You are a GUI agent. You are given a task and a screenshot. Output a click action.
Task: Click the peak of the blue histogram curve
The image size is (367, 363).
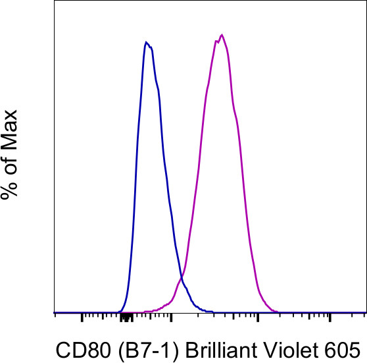[147, 43]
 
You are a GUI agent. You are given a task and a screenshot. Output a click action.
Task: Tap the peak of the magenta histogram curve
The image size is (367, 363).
[222, 35]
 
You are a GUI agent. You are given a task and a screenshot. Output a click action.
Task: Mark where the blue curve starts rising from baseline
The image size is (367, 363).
[119, 311]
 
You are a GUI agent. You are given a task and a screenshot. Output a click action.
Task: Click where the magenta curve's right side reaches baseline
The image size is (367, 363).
[278, 312]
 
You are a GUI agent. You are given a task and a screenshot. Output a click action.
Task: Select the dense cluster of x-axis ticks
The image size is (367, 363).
[126, 318]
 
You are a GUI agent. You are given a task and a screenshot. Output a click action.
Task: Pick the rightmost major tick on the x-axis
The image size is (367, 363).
[330, 319]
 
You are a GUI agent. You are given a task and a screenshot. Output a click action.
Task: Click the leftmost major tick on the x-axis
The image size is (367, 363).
[82, 319]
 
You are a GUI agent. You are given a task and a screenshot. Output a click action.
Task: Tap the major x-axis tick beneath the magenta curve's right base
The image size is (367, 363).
[258, 319]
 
